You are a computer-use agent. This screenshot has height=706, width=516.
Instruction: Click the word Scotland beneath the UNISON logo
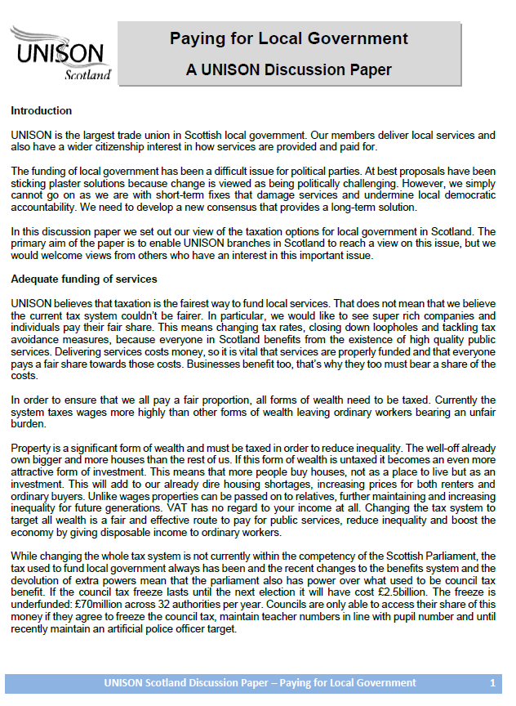tap(87, 75)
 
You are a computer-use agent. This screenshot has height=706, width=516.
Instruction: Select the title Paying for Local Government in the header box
tap(289, 38)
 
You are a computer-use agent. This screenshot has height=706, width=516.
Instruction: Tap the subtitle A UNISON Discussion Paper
tap(289, 70)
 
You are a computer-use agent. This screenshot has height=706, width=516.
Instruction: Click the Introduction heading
tap(41, 111)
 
